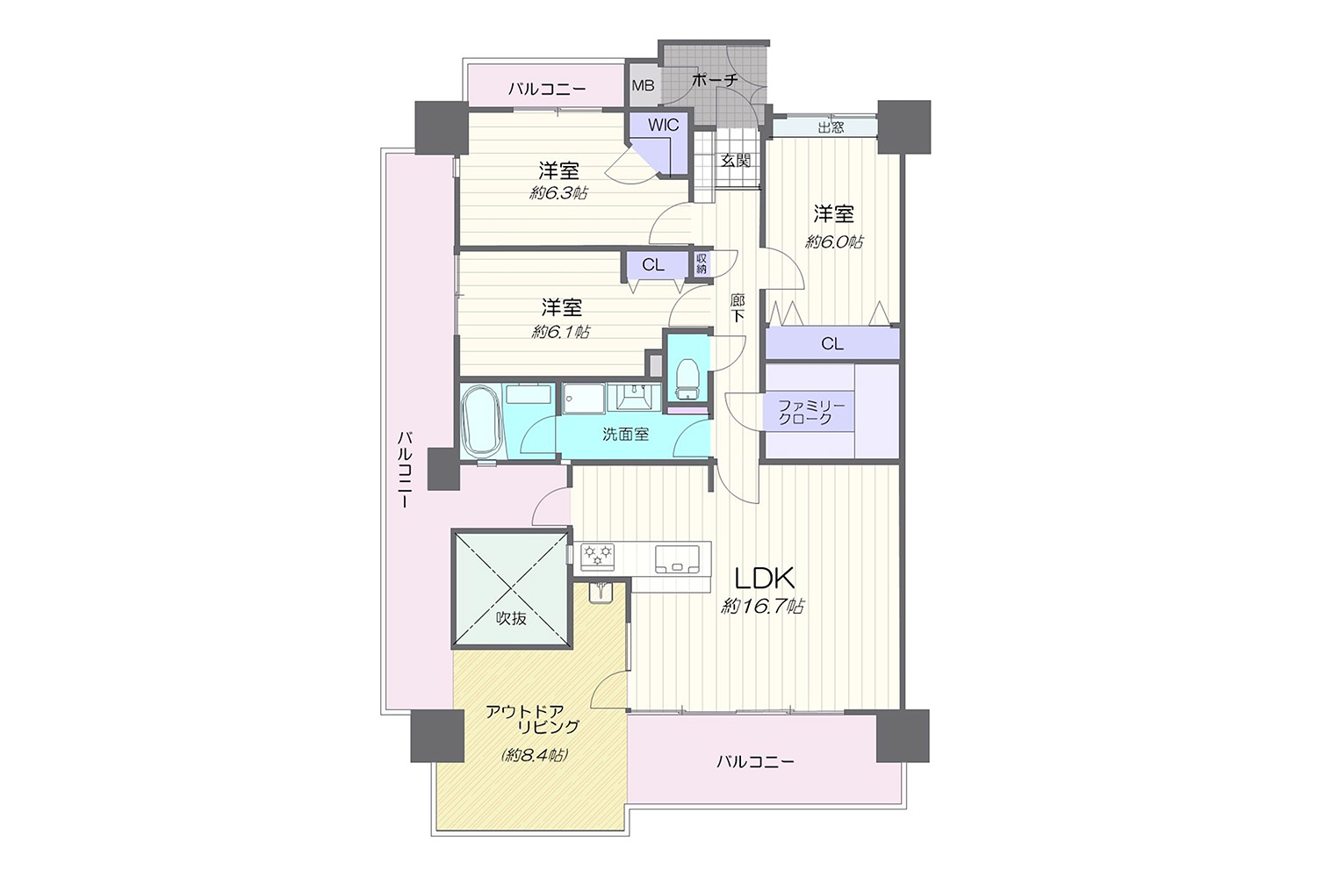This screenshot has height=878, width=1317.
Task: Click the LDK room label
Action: coord(765,579)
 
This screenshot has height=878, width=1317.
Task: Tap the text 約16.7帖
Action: coord(763,607)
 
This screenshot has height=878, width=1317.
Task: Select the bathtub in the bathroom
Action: coord(481,420)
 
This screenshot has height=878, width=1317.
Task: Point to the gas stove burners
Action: coord(598,555)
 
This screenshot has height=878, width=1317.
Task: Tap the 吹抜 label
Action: coord(511,618)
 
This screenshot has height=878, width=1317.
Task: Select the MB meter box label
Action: coord(643,85)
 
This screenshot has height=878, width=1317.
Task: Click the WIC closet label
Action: coord(663,125)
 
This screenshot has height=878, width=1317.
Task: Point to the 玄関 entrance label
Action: coord(736,161)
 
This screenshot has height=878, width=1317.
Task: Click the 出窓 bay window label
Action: coord(831,127)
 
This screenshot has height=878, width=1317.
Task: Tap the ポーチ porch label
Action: coord(715,79)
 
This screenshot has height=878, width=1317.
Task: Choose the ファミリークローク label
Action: coord(810,412)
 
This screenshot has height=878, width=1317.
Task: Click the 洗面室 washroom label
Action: coord(625,434)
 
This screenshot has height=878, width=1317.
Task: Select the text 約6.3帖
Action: coord(558,193)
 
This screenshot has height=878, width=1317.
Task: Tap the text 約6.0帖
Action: coord(834,241)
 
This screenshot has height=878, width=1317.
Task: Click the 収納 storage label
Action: coord(702,263)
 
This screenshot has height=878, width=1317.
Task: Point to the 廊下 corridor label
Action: coord(737,307)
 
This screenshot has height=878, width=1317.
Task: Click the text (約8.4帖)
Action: coord(535,755)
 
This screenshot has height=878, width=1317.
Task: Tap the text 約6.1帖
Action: coord(560,332)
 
